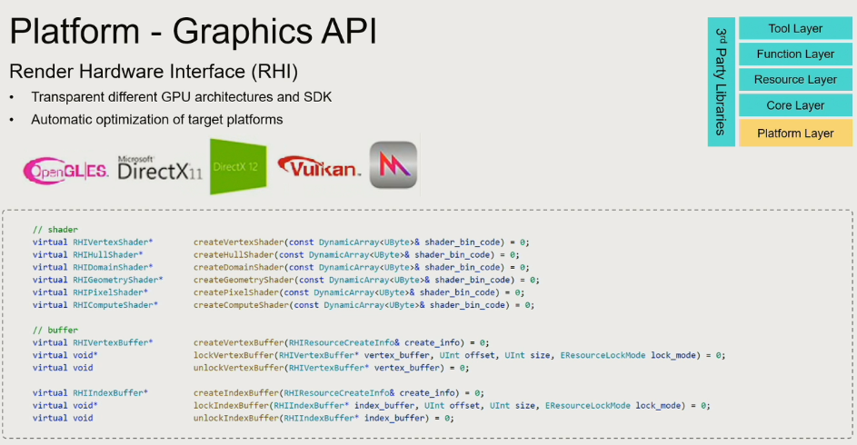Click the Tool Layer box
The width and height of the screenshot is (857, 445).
(795, 29)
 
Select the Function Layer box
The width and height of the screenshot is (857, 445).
(795, 54)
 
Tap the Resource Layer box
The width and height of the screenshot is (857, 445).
(795, 80)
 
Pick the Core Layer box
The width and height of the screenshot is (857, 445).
(795, 105)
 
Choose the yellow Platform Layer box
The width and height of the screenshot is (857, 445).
(795, 133)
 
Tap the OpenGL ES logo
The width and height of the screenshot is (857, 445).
(66, 168)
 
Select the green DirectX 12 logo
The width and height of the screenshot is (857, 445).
(238, 166)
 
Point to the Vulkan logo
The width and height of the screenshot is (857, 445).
(320, 167)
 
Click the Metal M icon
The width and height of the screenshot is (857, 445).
(394, 165)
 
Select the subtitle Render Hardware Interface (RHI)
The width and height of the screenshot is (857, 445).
(154, 71)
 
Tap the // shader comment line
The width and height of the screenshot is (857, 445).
(55, 229)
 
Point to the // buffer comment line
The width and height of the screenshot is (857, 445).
(55, 331)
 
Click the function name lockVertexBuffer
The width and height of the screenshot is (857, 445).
(234, 355)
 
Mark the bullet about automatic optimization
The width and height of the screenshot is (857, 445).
(156, 120)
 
